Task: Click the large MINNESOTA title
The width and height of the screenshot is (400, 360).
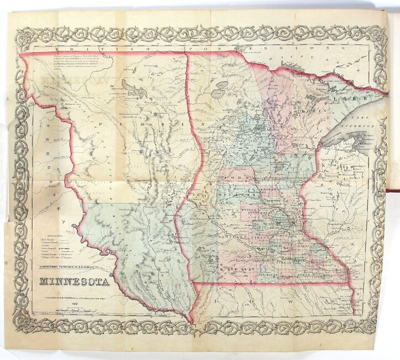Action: pos(74,282)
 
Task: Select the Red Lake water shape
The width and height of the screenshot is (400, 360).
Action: pos(224,89)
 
